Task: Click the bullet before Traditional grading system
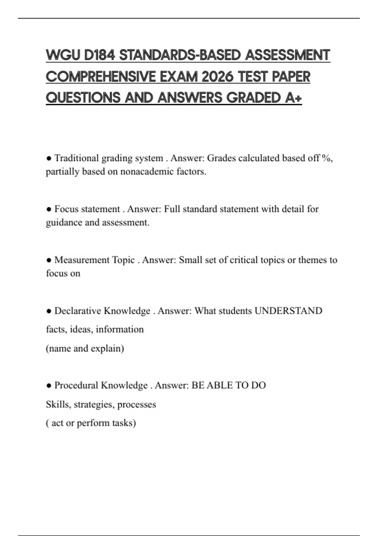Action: pyautogui.click(x=49, y=158)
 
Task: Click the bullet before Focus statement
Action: pyautogui.click(x=49, y=209)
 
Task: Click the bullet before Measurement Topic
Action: pyautogui.click(x=49, y=260)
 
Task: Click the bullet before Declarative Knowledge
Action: pyautogui.click(x=49, y=311)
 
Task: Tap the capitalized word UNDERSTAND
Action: pyautogui.click(x=288, y=311)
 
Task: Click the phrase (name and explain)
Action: pyautogui.click(x=85, y=348)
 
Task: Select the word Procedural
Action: pyautogui.click(x=76, y=385)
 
